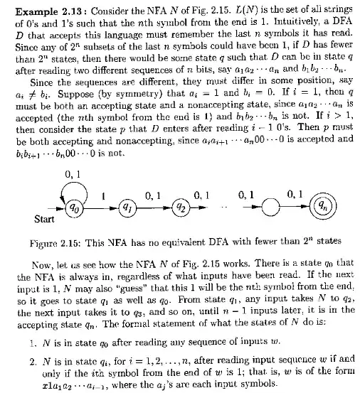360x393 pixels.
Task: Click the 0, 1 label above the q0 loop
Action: pyautogui.click(x=73, y=173)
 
